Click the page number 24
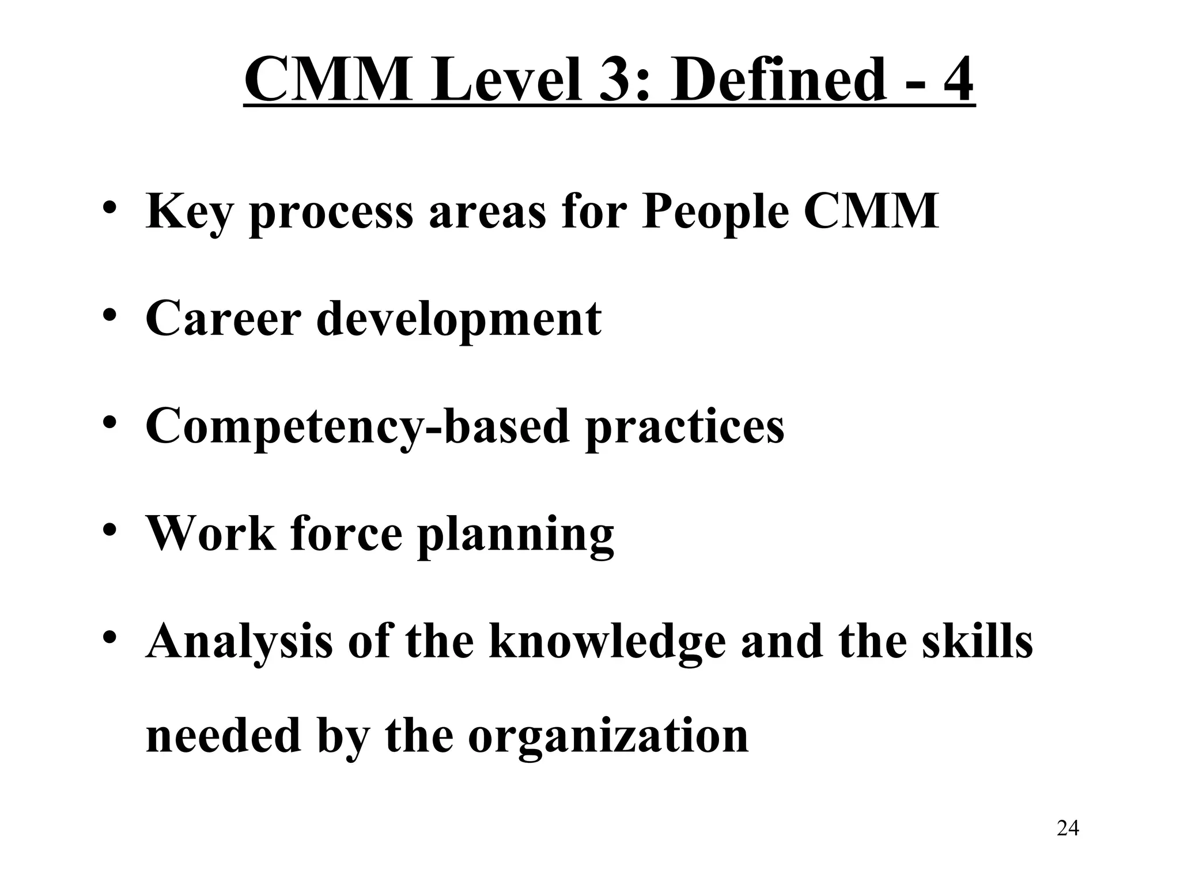click(1068, 829)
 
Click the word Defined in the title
click(777, 80)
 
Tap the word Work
click(211, 533)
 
